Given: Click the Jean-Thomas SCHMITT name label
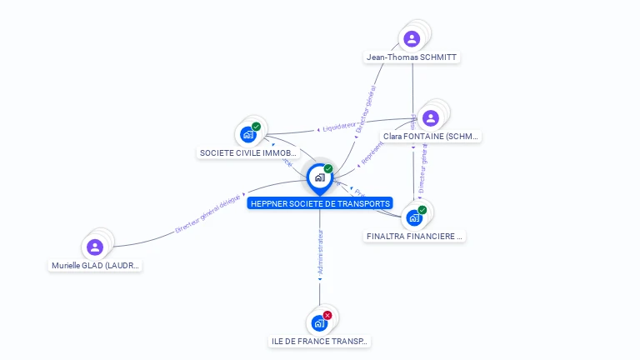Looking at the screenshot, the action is coord(412,57).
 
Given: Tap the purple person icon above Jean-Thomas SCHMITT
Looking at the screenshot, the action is coord(412,38).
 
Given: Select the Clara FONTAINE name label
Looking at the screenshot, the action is coord(431,136).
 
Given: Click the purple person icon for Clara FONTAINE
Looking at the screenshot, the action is coord(431,117).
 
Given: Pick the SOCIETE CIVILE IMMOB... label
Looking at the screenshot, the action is coord(248,153).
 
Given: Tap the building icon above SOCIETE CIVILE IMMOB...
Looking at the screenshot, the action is coord(247,133).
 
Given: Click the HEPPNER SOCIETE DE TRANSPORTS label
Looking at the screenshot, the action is coord(320,203).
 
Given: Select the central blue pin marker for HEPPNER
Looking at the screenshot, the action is coord(320,177).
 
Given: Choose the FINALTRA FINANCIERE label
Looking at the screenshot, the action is coord(414,236).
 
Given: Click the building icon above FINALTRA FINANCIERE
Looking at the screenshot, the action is coord(414,217).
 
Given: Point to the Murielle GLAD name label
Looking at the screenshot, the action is coord(95,266).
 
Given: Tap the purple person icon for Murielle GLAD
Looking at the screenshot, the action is coord(95,247).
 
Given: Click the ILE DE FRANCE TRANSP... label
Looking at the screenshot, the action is coord(320,342).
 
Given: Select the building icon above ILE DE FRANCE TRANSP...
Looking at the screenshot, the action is coord(319,322).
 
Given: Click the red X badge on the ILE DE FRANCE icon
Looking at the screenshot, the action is coord(327,315).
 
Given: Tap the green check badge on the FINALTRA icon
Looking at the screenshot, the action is coord(422,210).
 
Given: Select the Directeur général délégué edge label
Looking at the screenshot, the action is coord(208,214).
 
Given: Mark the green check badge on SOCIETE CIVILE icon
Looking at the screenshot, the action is coord(256,127).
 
